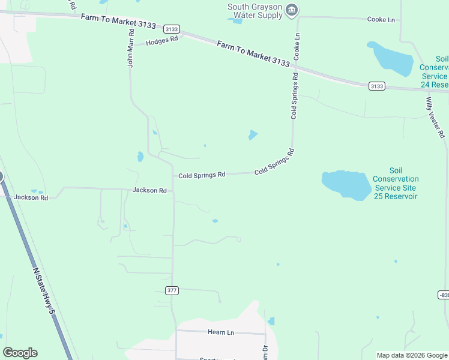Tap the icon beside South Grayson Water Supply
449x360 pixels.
pyautogui.click(x=292, y=10)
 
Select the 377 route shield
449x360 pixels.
pyautogui.click(x=172, y=290)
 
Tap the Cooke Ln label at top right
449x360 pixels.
pyautogui.click(x=381, y=20)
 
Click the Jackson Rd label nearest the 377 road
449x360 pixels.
pyautogui.click(x=150, y=190)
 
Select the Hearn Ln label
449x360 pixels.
pyautogui.click(x=220, y=332)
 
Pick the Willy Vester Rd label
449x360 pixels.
pyautogui.click(x=436, y=117)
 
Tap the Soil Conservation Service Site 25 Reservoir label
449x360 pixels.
pyautogui.click(x=396, y=184)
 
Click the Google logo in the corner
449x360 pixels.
pyautogui.click(x=20, y=353)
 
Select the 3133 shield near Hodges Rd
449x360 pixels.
pyautogui.click(x=171, y=29)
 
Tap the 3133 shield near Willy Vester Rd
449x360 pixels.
pyautogui.click(x=376, y=86)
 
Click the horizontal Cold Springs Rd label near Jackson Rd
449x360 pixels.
pyautogui.click(x=202, y=175)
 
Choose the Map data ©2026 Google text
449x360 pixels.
pyautogui.click(x=412, y=355)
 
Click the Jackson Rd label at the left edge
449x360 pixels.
pyautogui.click(x=31, y=197)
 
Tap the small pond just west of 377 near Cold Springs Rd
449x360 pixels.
pyautogui.click(x=140, y=157)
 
